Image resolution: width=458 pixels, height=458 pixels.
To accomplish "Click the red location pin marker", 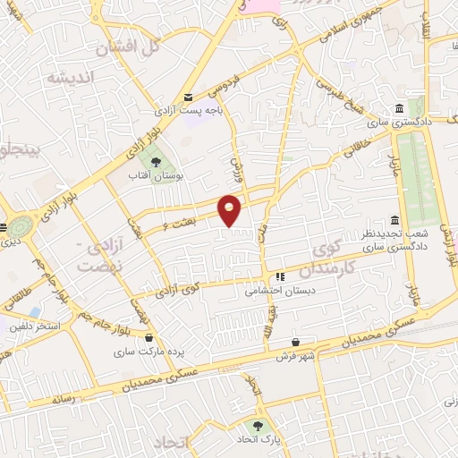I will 230,209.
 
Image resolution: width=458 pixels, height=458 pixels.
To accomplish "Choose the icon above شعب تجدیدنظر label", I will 394,221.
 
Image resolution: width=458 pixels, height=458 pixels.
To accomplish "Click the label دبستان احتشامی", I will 278,290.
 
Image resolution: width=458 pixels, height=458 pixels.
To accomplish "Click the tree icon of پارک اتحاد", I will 259,427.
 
